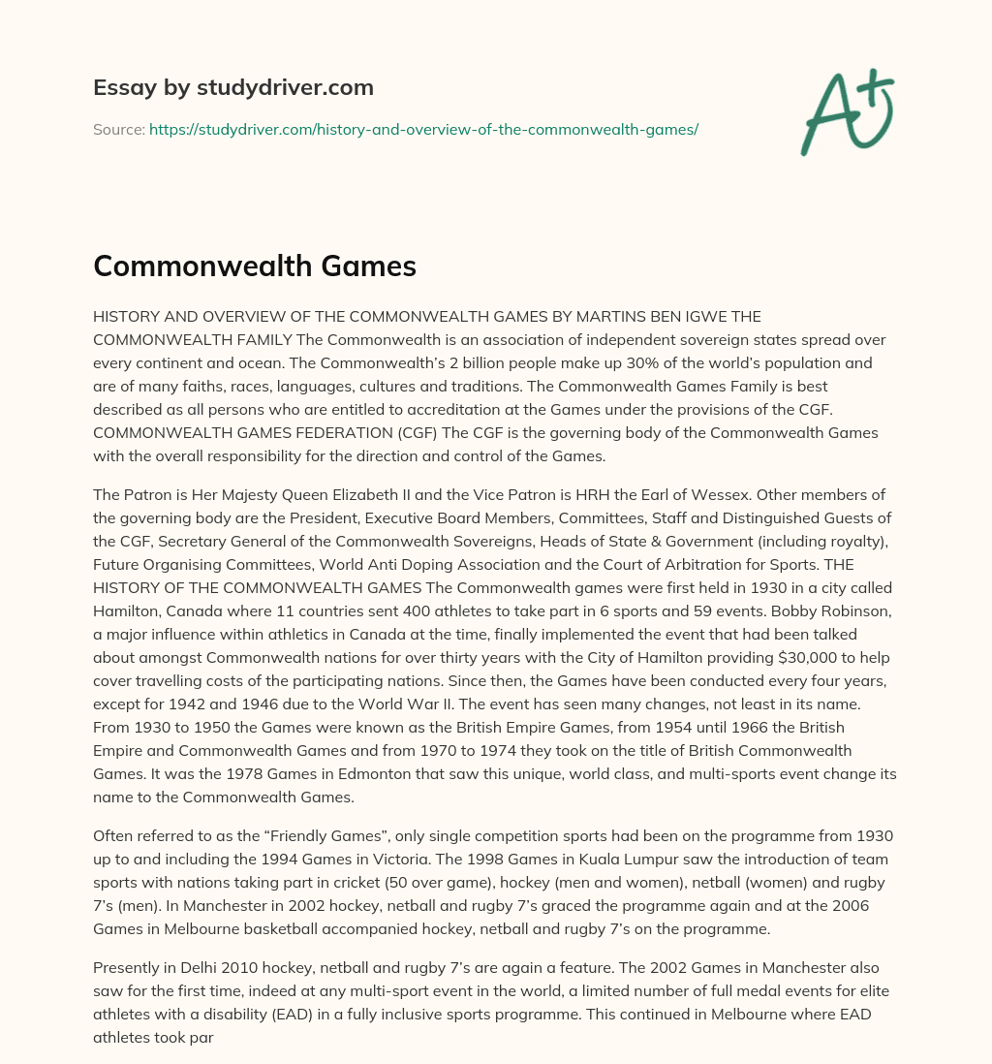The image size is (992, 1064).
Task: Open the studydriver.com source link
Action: coord(423,129)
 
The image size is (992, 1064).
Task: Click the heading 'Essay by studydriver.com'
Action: coord(233,87)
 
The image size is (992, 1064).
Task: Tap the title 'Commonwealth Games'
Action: coord(254,266)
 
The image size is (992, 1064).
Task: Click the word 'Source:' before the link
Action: coord(118,129)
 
